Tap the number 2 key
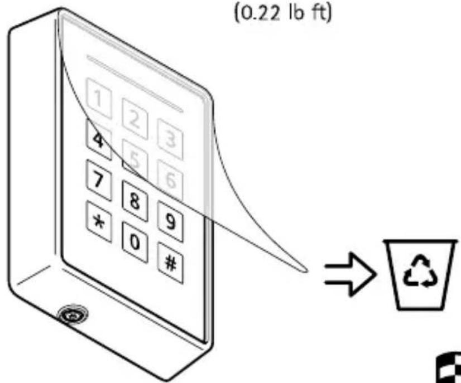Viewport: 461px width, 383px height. click(135, 119)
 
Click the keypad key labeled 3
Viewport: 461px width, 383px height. click(170, 139)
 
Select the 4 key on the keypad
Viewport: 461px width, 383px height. click(99, 139)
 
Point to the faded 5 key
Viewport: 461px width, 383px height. click(135, 160)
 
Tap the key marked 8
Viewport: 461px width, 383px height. click(135, 201)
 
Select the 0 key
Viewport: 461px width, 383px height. click(135, 243)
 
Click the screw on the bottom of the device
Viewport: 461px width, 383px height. click(73, 315)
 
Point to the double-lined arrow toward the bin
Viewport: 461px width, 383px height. click(350, 274)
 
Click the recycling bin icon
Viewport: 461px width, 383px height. click(420, 275)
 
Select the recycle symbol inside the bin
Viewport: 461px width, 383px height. click(421, 271)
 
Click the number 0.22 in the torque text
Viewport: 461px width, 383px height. click(260, 13)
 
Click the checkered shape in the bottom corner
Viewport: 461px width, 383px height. click(448, 367)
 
